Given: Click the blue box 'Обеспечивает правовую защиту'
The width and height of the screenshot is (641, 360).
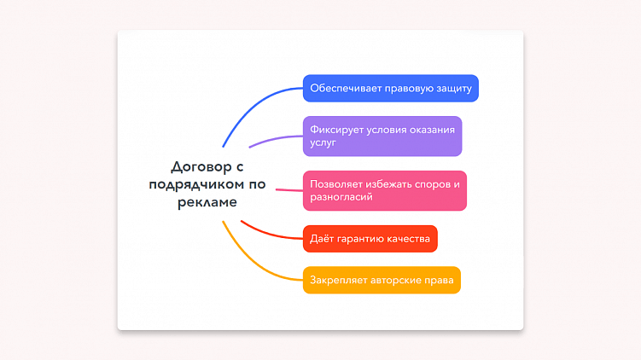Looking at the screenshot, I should (390, 88).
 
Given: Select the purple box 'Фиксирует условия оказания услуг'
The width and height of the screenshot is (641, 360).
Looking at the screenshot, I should (382, 136).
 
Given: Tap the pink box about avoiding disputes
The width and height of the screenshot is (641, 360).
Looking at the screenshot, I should (384, 190).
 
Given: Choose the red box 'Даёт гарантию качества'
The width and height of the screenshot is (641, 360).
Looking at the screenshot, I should (370, 238).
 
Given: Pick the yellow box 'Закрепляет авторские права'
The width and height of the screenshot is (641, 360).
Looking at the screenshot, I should (381, 280).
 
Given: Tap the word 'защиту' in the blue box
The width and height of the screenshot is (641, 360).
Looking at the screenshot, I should (452, 88).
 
